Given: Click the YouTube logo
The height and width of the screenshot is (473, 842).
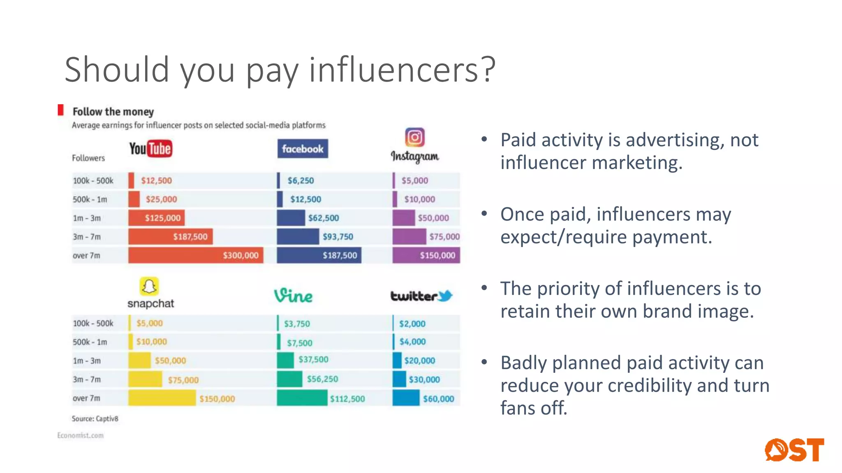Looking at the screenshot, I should (x=150, y=149).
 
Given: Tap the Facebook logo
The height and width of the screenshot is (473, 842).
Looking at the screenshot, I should (x=303, y=149).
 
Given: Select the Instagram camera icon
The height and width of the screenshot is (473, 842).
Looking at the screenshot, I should (x=415, y=137).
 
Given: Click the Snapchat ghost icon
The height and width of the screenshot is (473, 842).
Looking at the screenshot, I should (x=149, y=286).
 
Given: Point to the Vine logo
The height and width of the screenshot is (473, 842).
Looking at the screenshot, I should (x=294, y=296).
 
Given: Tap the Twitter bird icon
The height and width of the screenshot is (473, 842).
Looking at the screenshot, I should (x=445, y=295).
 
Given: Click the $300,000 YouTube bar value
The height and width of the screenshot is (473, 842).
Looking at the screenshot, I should (x=241, y=255).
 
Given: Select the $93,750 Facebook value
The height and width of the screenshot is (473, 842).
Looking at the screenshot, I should (x=338, y=236).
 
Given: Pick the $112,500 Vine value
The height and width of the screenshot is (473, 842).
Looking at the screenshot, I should (x=347, y=399).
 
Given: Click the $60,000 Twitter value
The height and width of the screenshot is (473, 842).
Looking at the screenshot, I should (x=439, y=399).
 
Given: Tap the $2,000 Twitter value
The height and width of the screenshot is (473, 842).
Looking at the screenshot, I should (x=412, y=324).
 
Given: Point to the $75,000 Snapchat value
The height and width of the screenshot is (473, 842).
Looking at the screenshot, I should (x=183, y=380).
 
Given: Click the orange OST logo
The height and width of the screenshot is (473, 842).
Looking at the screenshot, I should (x=794, y=450).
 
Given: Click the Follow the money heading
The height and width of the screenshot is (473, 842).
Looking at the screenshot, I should (x=113, y=112).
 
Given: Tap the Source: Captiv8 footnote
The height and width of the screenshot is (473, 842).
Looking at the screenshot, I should (x=95, y=419).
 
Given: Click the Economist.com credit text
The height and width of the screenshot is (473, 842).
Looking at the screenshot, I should (x=81, y=435).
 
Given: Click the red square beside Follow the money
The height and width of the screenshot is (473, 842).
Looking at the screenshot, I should (x=61, y=110).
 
